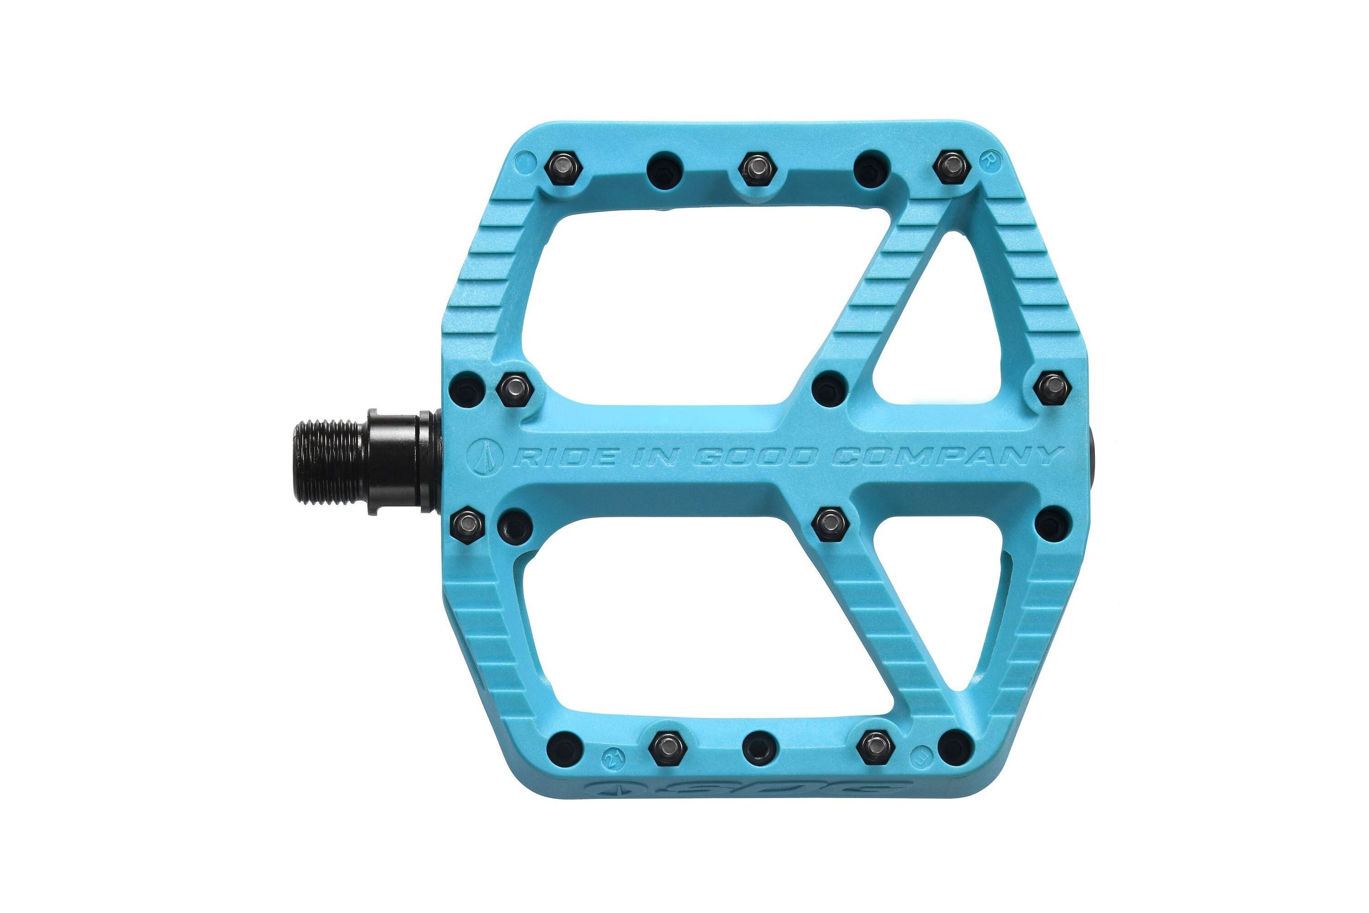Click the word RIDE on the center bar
click(564, 457)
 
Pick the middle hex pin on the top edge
click(758, 168)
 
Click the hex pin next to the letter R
click(951, 167)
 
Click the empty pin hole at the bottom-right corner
click(956, 747)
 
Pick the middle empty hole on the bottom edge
click(760, 749)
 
